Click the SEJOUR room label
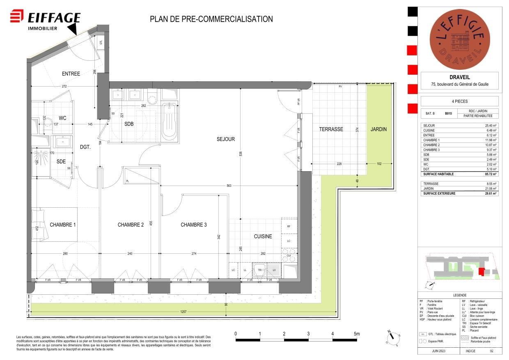(x=225, y=139)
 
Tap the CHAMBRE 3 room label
(x=194, y=225)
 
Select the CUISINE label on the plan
(x=263, y=236)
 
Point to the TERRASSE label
(x=331, y=129)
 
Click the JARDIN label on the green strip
(x=378, y=129)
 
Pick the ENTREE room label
(x=71, y=74)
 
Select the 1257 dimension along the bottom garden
(x=183, y=312)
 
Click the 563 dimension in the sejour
(x=229, y=186)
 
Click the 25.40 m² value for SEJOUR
(x=491, y=126)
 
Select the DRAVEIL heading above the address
(x=459, y=78)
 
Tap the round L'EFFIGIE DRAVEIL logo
(x=459, y=39)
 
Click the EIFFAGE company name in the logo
(x=54, y=18)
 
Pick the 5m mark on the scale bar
(x=356, y=334)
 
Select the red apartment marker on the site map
(x=481, y=271)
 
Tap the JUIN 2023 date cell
(x=438, y=351)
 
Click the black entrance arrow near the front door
(x=72, y=28)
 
